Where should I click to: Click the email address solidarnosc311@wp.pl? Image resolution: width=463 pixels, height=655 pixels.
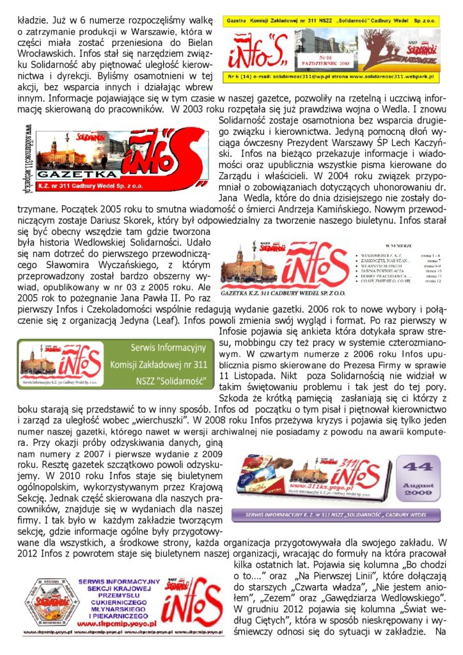click(x=294, y=77)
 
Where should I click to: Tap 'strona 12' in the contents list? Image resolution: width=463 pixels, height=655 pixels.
click(x=427, y=281)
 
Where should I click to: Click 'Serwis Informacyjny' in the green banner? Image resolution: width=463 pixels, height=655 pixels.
click(x=168, y=349)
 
